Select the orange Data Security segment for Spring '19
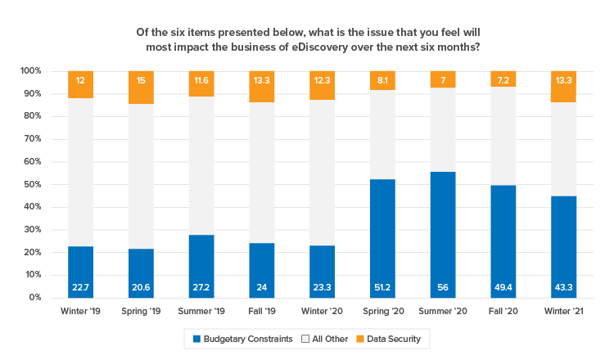pyautogui.click(x=141, y=88)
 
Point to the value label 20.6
pyautogui.click(x=141, y=287)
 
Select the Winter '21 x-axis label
pyautogui.click(x=564, y=312)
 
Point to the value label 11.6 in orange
pyautogui.click(x=201, y=80)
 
